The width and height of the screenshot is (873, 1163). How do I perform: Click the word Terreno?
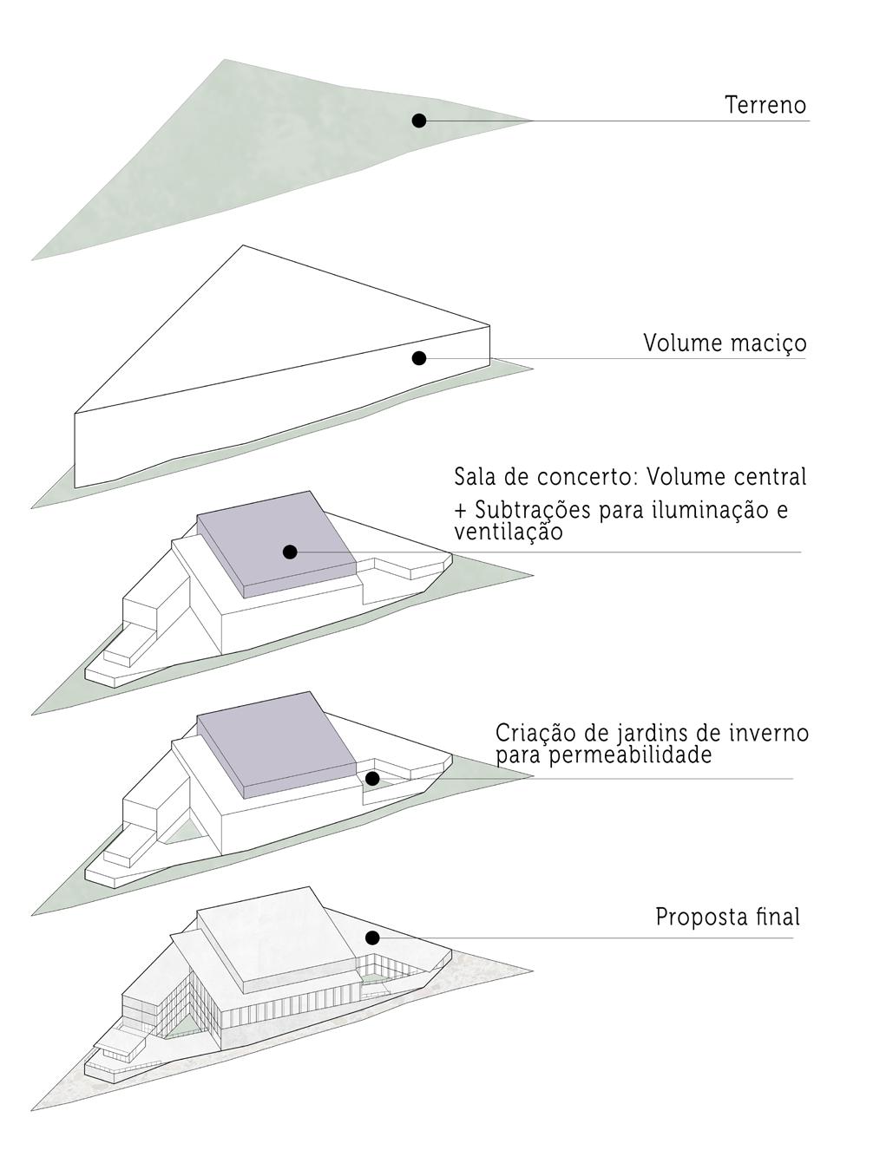(765, 106)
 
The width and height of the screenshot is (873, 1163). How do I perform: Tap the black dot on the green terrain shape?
(419, 121)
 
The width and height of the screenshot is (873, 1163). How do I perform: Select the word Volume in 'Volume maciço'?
(679, 343)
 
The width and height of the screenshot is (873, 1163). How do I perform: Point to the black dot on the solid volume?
(419, 357)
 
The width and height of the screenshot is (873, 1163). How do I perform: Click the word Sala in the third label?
(474, 477)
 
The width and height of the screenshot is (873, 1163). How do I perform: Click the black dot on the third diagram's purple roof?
(291, 552)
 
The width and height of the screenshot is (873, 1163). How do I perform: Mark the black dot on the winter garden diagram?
(372, 779)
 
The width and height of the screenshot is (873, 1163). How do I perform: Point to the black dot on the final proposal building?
(372, 938)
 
